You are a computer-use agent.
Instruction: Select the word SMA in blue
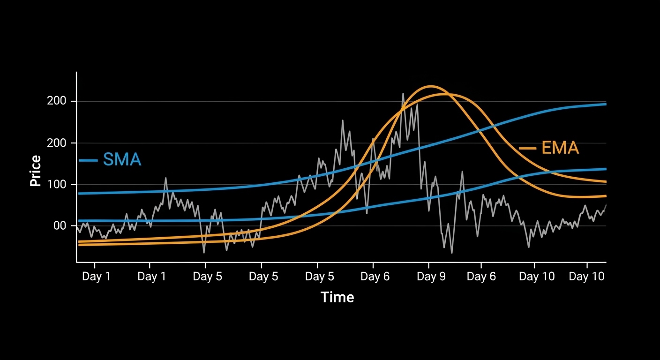[x=122, y=160]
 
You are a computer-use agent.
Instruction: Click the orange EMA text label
[x=560, y=148]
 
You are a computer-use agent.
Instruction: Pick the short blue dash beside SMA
[x=88, y=160]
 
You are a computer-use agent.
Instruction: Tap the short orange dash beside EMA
[x=527, y=149]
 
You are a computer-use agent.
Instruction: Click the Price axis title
[x=36, y=171]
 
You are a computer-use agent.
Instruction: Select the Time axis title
[x=337, y=297]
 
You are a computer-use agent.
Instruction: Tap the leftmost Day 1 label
[x=96, y=277]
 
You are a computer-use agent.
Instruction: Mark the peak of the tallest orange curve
[x=430, y=86]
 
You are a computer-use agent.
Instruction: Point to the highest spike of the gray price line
[x=403, y=94]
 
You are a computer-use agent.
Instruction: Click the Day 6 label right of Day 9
[x=481, y=277]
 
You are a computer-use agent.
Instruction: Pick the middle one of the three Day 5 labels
[x=263, y=277]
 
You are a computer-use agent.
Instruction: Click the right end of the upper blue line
[x=606, y=104]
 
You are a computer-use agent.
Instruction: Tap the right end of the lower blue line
[x=606, y=169]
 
